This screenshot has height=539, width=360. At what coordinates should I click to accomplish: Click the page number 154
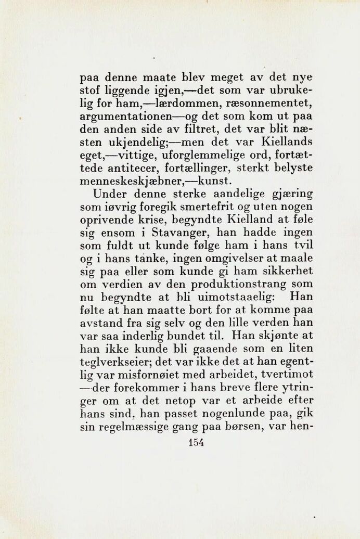click(195, 443)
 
